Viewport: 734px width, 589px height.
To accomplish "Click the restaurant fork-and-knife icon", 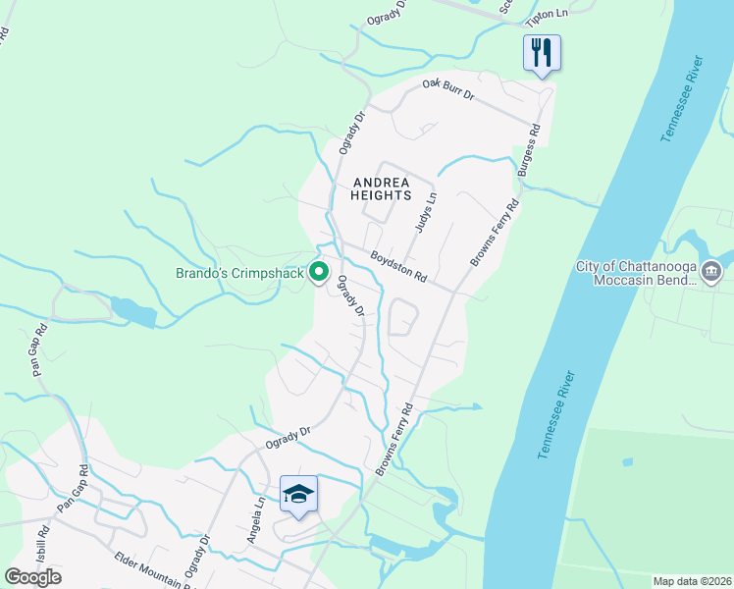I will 542,53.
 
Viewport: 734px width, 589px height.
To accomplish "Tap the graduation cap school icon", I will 298,494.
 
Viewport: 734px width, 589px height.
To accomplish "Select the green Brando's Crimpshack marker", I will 319,272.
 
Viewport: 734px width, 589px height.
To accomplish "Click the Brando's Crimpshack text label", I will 240,273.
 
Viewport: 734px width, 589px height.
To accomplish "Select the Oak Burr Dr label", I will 448,90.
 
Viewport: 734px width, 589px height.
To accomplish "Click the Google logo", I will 32,576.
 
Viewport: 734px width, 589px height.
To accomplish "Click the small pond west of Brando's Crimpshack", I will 132,311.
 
